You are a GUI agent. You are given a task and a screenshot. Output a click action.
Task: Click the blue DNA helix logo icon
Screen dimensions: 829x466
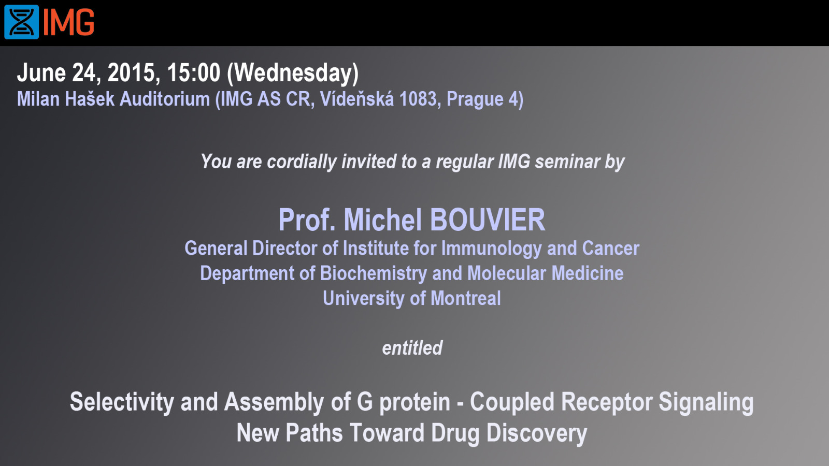click(21, 22)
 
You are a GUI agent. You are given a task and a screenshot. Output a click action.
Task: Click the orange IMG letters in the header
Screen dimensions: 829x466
click(69, 23)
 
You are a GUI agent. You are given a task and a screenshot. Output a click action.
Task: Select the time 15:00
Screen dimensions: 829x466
click(194, 72)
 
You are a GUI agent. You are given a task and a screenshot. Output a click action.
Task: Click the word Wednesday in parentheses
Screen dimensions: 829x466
click(293, 73)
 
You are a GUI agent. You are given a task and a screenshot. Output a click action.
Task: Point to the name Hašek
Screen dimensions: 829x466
click(90, 99)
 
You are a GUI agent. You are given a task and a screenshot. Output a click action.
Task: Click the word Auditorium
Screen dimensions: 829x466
click(165, 99)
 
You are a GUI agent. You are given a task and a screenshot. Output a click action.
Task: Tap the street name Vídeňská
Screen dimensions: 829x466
click(357, 99)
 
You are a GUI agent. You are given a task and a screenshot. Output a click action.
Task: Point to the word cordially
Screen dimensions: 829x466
click(302, 162)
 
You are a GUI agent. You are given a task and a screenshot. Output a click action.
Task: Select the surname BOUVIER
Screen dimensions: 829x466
click(488, 220)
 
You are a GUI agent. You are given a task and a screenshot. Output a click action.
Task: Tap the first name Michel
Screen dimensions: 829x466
click(383, 220)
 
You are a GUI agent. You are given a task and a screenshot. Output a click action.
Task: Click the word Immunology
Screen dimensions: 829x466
click(492, 249)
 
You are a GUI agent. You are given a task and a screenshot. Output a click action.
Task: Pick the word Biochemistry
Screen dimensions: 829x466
click(374, 274)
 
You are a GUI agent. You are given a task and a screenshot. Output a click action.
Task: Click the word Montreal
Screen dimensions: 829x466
click(466, 298)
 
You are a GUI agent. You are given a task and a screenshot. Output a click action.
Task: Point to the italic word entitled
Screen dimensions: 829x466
click(412, 348)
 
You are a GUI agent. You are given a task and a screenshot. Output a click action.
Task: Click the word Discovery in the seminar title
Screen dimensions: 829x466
click(537, 433)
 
